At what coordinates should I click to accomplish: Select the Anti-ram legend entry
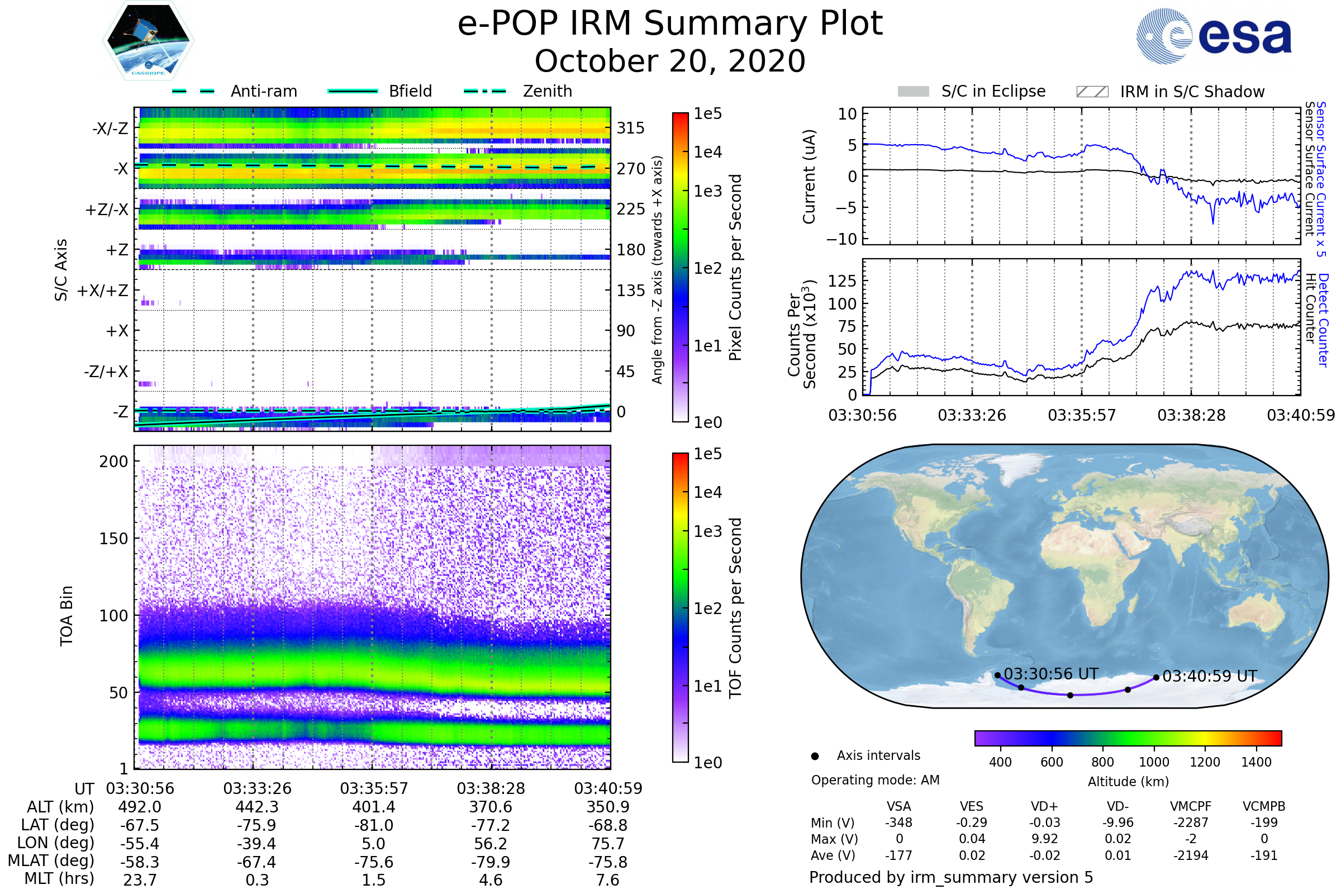coord(263,91)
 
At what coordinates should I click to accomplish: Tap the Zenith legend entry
coord(547,91)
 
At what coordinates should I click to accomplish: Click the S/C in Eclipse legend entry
coord(993,91)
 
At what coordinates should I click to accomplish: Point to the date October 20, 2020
coord(670,61)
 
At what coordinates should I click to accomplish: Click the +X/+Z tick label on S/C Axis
coord(103,291)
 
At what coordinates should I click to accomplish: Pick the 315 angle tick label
coord(630,128)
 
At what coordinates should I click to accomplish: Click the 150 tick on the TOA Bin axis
coord(113,539)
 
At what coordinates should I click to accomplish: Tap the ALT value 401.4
coord(374,807)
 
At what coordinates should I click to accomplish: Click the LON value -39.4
coord(257,843)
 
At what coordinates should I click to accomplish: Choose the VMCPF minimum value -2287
coord(1191,822)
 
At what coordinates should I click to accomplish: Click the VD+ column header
coord(1044,806)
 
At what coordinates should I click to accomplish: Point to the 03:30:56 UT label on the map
coord(1051,674)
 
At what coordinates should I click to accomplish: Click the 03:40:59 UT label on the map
coord(1209,676)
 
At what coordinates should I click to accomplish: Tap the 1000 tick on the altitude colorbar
coord(1153,762)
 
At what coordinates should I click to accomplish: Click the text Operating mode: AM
coord(875,780)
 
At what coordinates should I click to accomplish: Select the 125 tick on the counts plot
coord(842,280)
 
